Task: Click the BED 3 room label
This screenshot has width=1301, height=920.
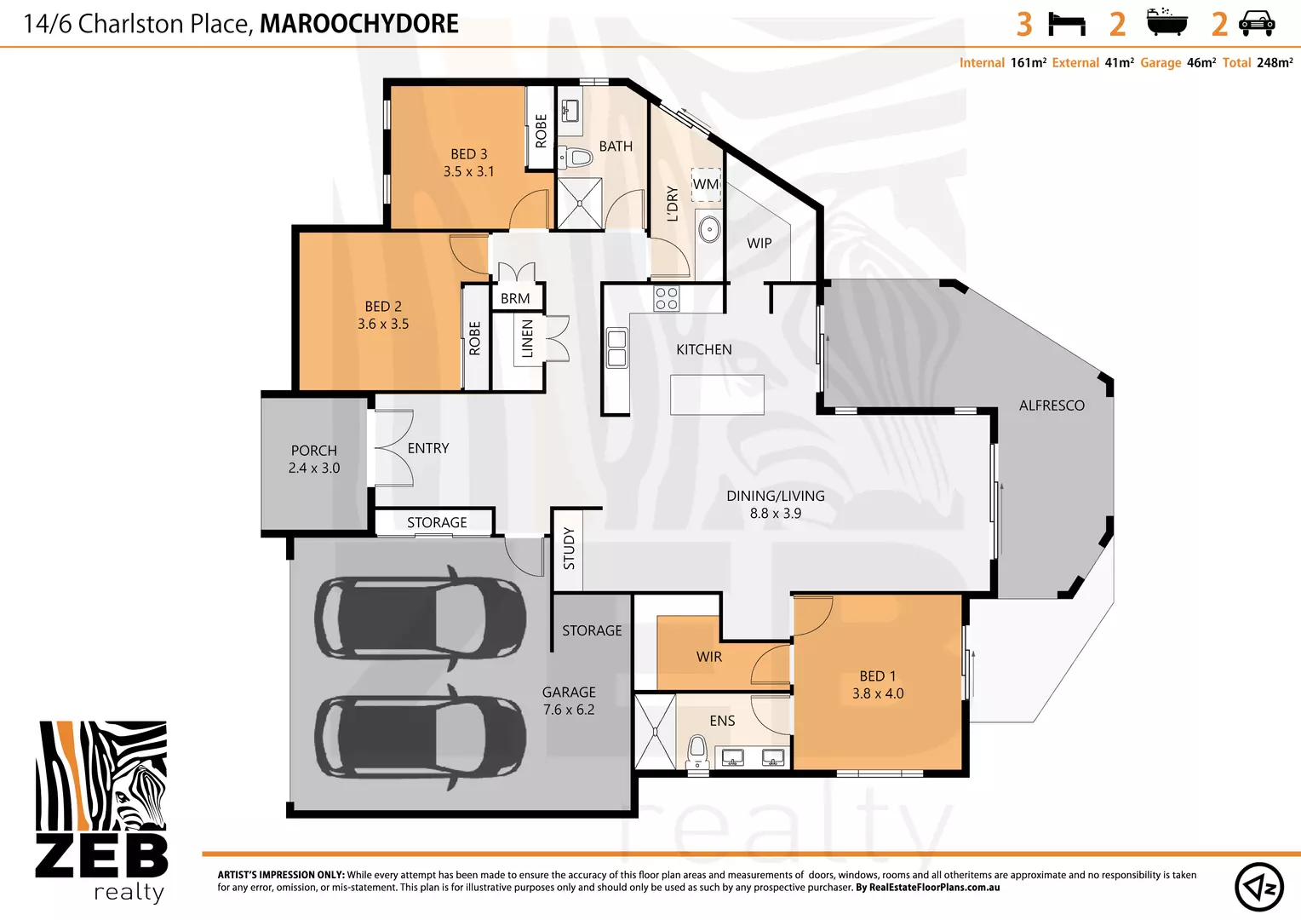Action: [468, 162]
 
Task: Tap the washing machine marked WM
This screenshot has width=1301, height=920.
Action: [706, 185]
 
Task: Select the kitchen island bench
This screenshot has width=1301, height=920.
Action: [717, 394]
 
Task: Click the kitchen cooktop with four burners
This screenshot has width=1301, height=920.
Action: [667, 298]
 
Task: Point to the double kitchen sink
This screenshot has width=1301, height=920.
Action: [616, 348]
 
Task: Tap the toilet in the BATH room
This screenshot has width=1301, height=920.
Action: [578, 158]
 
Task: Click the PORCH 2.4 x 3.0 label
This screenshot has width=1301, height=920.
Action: [314, 459]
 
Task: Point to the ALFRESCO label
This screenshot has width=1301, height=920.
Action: [1052, 405]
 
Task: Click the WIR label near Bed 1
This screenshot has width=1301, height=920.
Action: [708, 657]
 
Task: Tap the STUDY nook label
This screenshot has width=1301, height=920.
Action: [569, 549]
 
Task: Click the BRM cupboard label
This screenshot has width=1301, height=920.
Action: [515, 298]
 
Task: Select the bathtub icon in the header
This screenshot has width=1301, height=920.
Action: [1166, 23]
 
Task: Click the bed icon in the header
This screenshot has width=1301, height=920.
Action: [1066, 24]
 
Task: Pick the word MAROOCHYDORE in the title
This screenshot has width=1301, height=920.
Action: [358, 24]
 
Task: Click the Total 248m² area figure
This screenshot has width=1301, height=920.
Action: [1258, 63]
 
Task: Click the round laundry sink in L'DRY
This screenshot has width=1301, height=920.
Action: [708, 229]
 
